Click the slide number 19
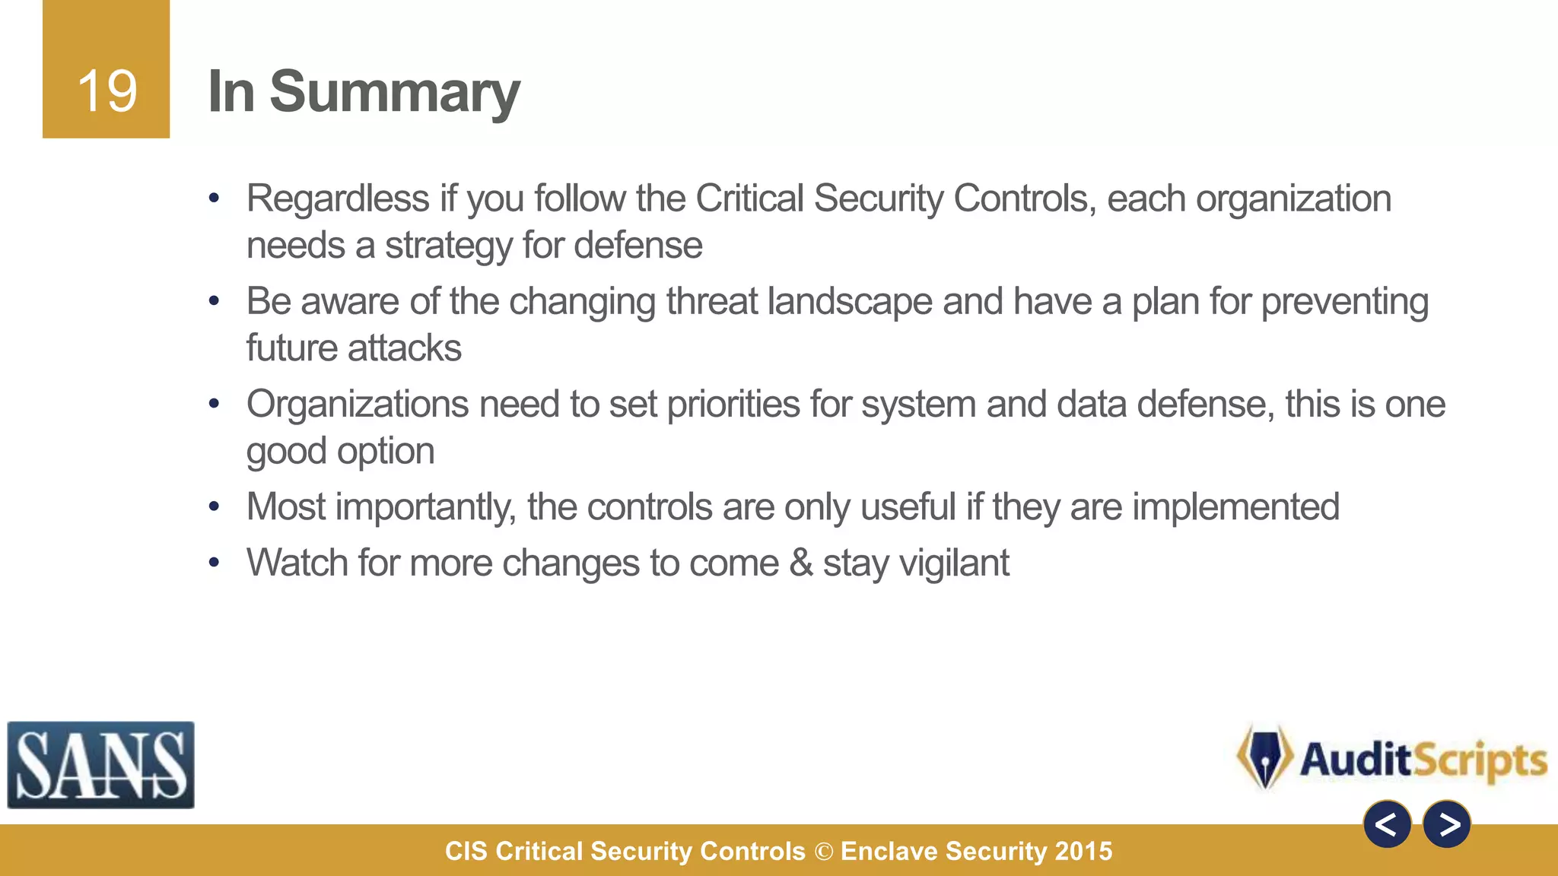(107, 91)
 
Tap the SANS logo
(100, 765)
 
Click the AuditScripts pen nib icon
(1264, 757)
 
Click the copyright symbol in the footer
(823, 852)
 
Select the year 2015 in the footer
(1083, 852)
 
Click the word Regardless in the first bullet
(338, 199)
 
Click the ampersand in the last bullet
(801, 563)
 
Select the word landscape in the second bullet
(849, 301)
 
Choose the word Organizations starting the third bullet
(357, 405)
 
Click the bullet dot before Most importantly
(215, 506)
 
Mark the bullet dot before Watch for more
(215, 563)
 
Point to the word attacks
(405, 348)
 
